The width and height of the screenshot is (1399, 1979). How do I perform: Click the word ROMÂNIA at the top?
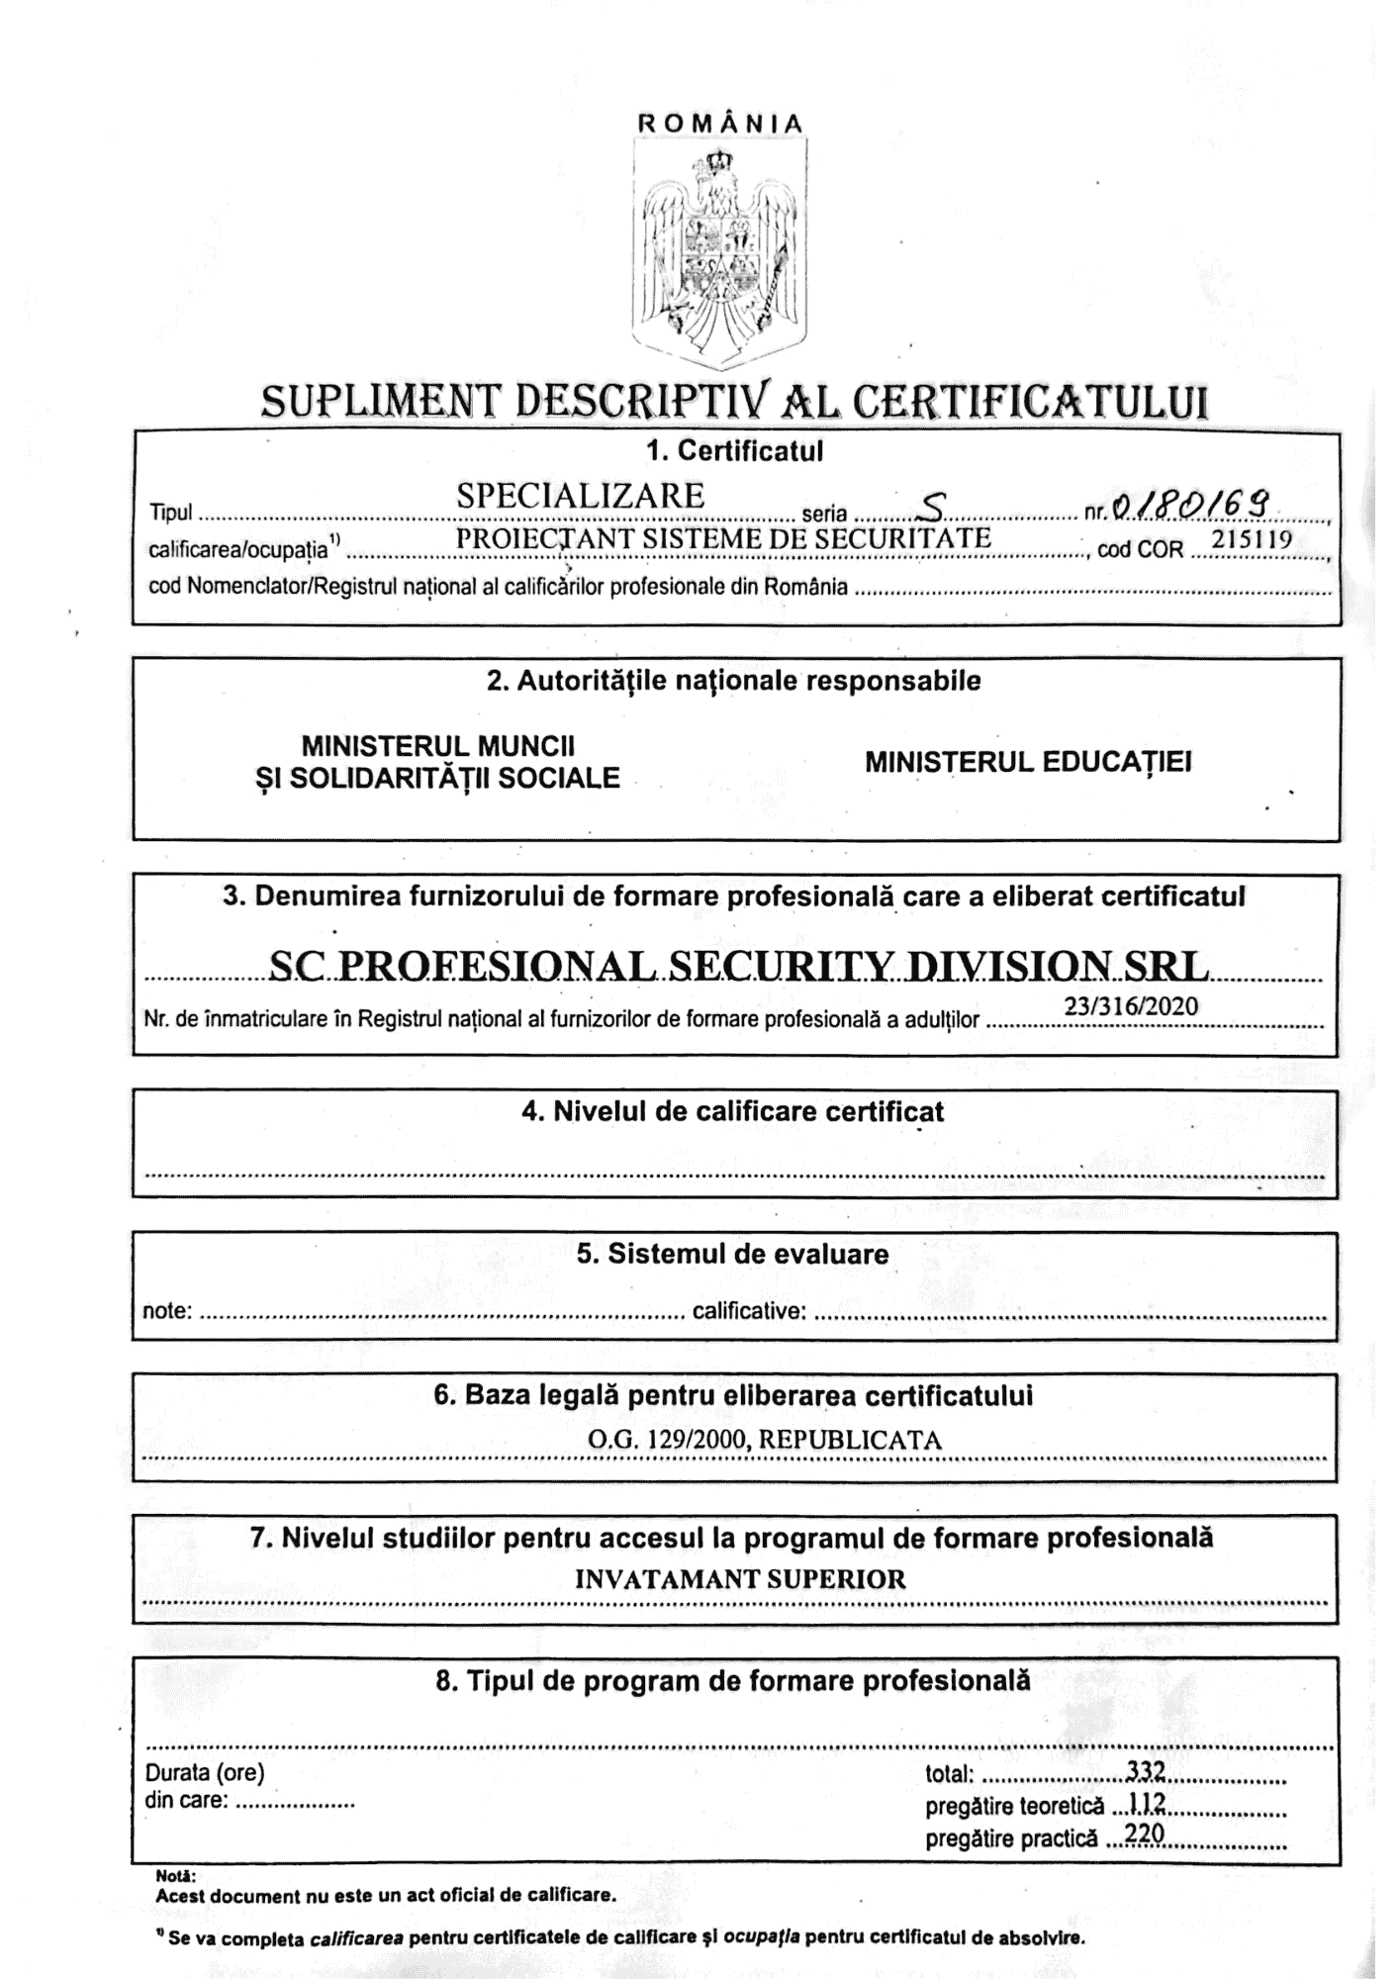pyautogui.click(x=720, y=124)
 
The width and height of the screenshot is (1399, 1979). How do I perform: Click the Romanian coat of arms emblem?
pyautogui.click(x=720, y=252)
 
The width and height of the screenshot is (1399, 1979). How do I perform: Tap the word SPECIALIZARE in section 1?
pyautogui.click(x=581, y=496)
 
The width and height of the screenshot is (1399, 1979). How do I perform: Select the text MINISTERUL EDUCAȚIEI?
pyautogui.click(x=1028, y=762)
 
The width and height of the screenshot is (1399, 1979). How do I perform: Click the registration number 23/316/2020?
pyautogui.click(x=1131, y=1006)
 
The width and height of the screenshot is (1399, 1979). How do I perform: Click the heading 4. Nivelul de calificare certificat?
pyautogui.click(x=732, y=1111)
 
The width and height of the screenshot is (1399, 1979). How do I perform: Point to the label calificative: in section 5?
pyautogui.click(x=749, y=1312)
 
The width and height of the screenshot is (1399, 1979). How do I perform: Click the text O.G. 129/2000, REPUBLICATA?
pyautogui.click(x=765, y=1440)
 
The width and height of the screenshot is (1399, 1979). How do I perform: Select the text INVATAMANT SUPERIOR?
pyautogui.click(x=740, y=1578)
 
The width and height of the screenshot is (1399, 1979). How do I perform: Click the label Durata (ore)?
pyautogui.click(x=205, y=1772)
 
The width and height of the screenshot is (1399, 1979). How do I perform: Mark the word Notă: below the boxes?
pyautogui.click(x=176, y=1875)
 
